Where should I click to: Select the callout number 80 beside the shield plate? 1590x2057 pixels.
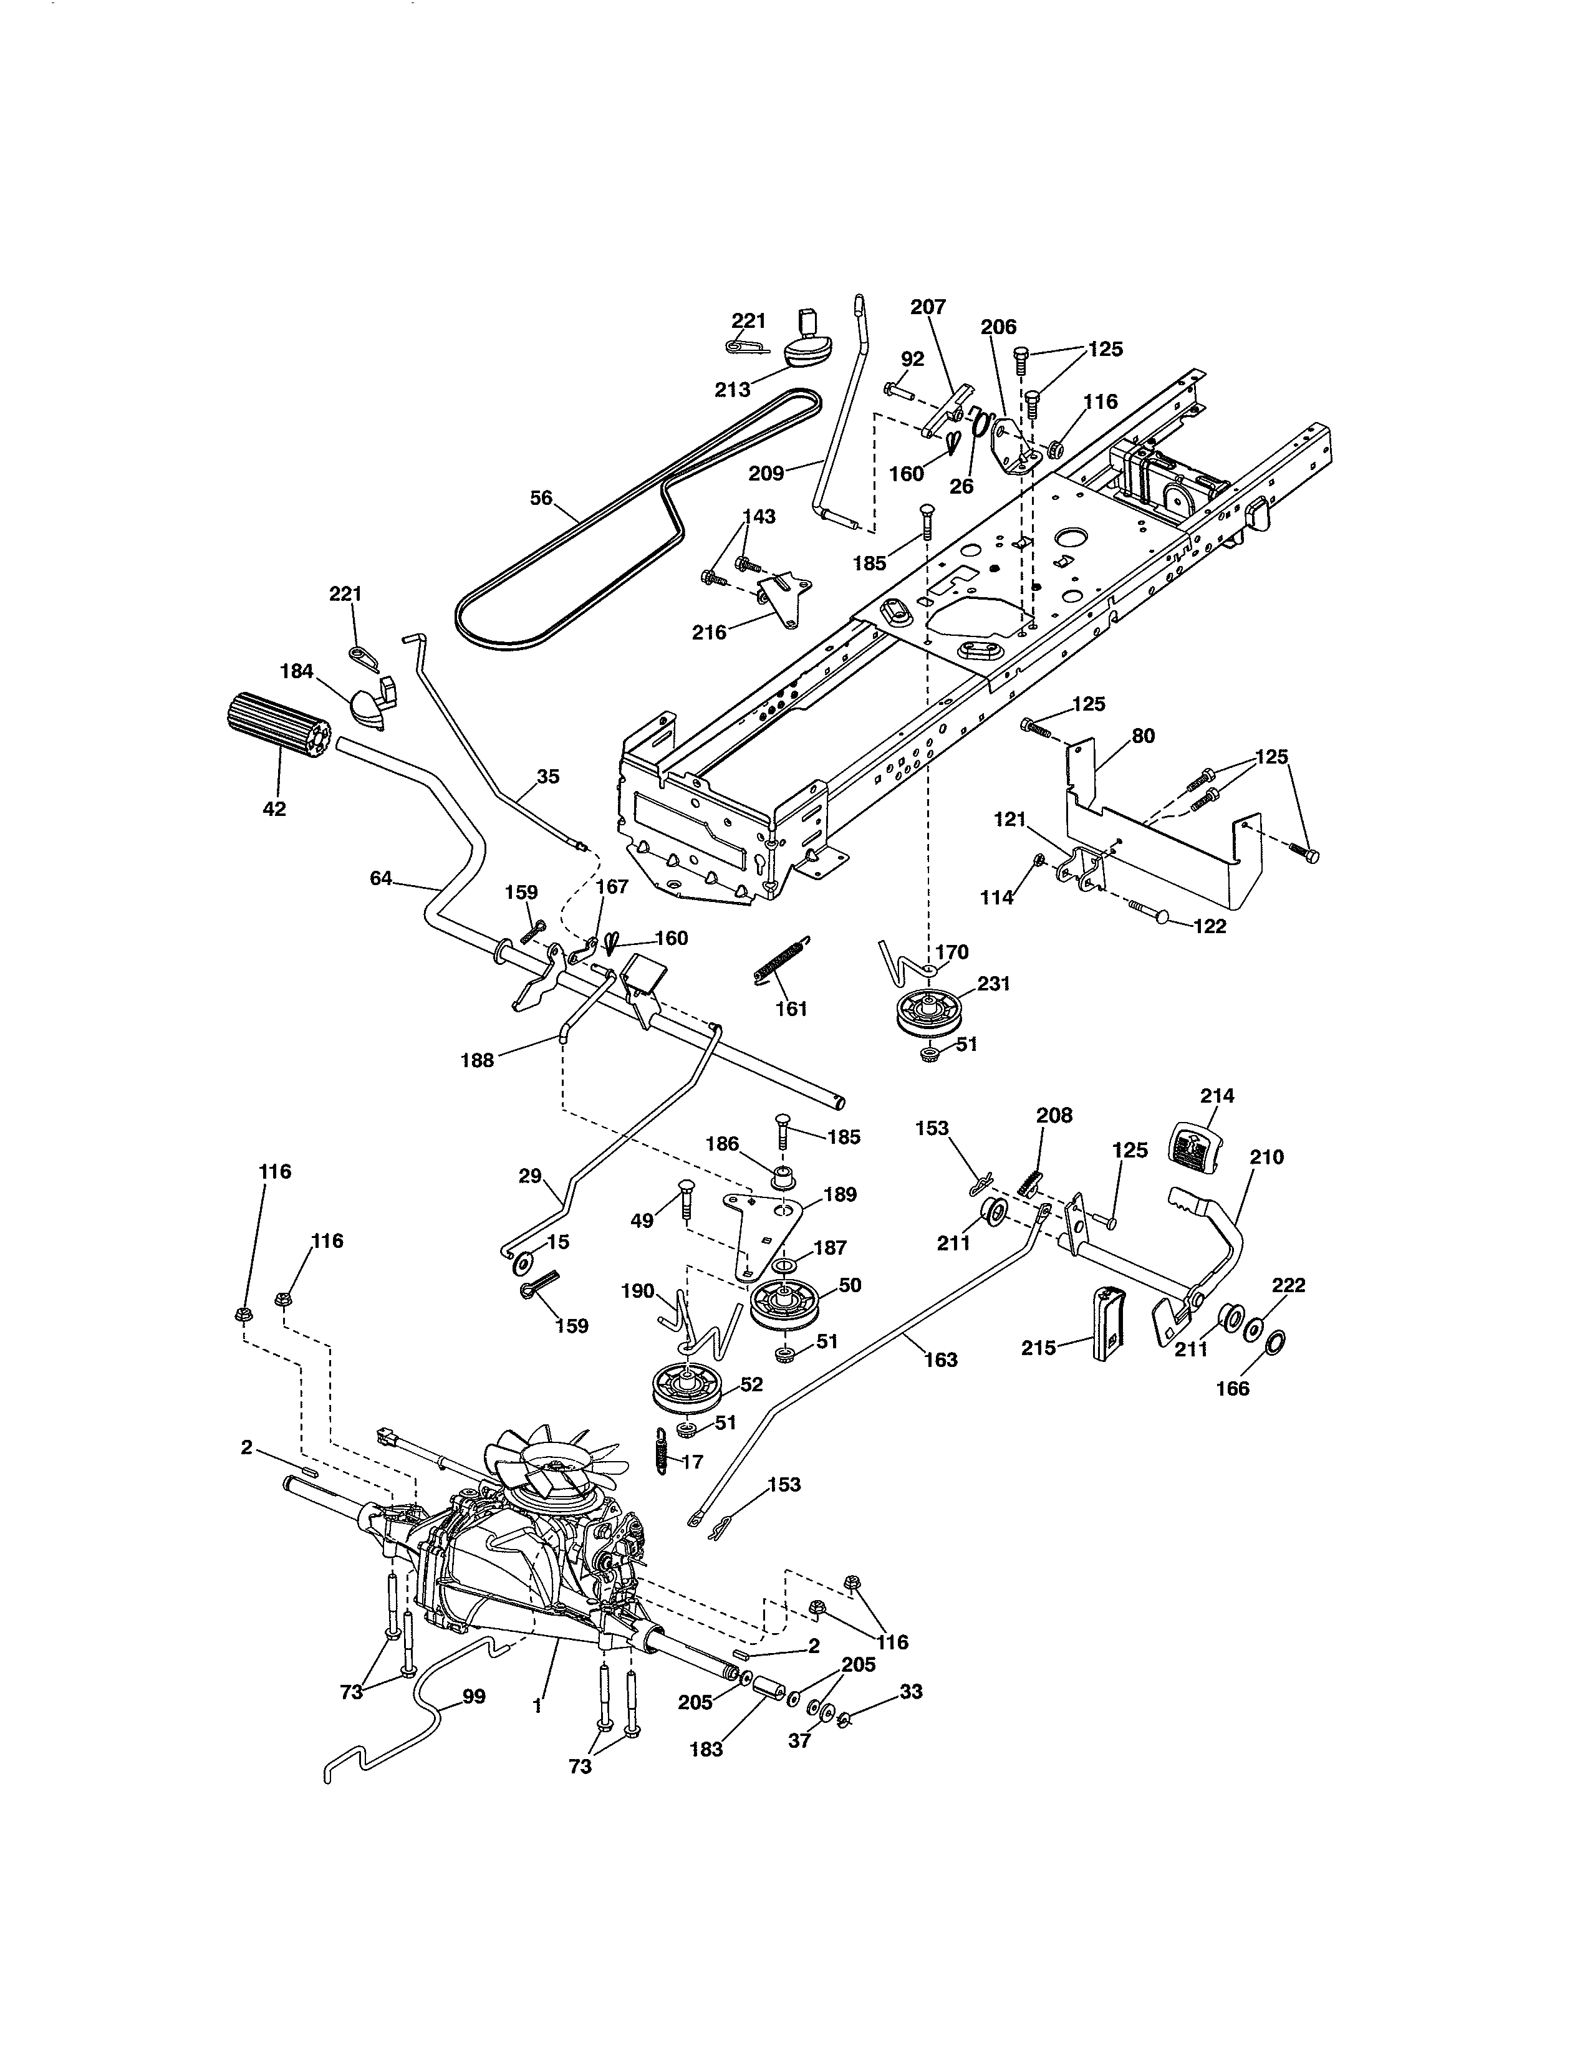pyautogui.click(x=1142, y=737)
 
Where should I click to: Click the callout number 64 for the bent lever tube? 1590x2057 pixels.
pyautogui.click(x=380, y=878)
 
